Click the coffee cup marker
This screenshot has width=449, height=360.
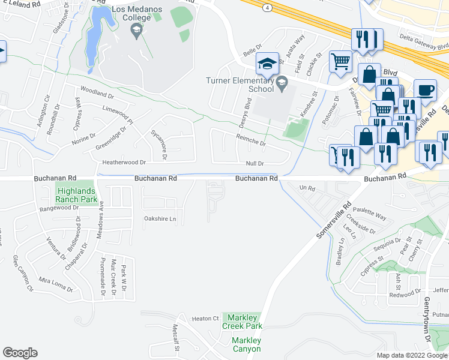click(425, 91)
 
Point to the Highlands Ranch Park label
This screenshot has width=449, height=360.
click(76, 194)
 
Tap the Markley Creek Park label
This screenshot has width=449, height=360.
click(243, 322)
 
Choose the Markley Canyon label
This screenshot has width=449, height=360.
click(246, 344)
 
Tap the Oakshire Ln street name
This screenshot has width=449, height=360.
click(160, 219)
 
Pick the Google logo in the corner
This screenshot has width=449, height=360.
click(20, 353)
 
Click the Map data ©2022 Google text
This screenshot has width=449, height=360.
click(412, 355)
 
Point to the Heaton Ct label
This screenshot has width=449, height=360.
click(206, 319)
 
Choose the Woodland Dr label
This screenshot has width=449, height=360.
click(97, 95)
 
